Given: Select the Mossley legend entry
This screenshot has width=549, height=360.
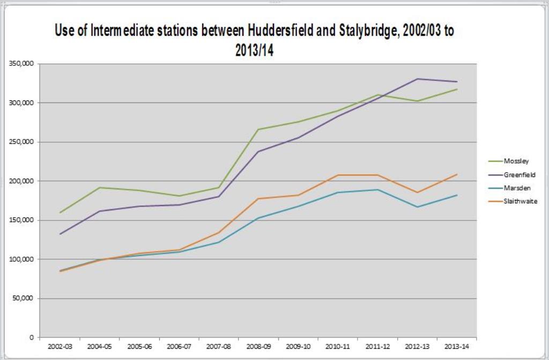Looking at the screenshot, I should [516, 161].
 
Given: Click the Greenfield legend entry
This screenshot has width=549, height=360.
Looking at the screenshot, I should [520, 174].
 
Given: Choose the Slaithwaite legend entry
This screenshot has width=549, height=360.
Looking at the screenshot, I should [521, 201].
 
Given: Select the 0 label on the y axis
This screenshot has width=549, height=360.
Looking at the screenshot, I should [32, 337].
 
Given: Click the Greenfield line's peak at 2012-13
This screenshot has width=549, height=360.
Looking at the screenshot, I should [417, 79].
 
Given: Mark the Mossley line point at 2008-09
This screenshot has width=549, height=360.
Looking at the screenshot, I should [258, 129].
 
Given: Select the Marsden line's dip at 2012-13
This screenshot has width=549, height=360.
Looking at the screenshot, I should [417, 207].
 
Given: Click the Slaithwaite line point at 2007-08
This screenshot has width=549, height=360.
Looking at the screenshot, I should [219, 233].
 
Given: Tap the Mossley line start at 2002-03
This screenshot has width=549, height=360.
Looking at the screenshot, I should [60, 212].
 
